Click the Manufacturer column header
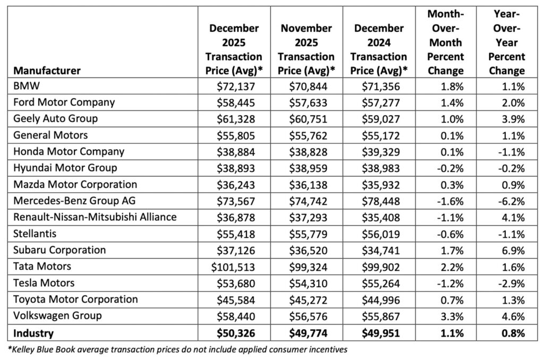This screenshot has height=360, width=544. (x=47, y=70)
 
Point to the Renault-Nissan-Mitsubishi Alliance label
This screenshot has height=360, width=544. (x=96, y=217)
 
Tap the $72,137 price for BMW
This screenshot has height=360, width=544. (x=237, y=85)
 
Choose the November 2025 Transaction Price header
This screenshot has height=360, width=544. (x=306, y=49)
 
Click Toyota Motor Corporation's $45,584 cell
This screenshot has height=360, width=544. (x=237, y=299)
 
